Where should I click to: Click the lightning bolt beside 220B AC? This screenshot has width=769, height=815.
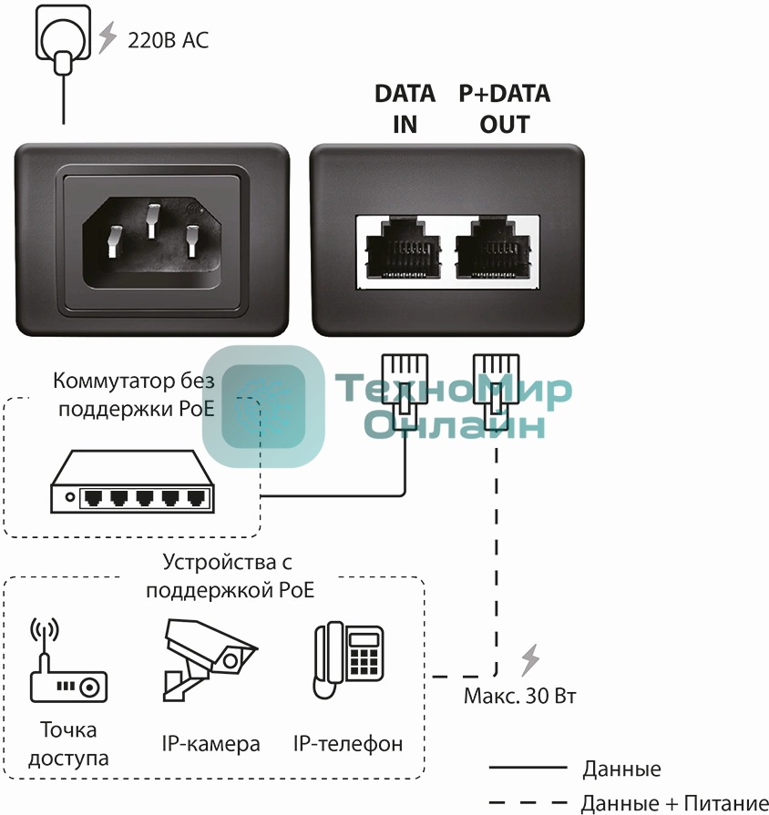click(x=108, y=37)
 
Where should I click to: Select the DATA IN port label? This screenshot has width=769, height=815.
click(x=405, y=108)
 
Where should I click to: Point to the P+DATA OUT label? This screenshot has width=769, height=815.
click(x=504, y=108)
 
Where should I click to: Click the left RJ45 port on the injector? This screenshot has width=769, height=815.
click(x=405, y=250)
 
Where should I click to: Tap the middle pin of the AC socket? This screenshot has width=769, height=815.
click(x=152, y=219)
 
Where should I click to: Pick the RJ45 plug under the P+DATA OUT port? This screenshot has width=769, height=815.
click(x=496, y=382)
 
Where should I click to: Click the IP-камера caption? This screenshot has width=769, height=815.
click(x=210, y=743)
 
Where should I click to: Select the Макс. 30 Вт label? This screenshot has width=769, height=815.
click(x=519, y=697)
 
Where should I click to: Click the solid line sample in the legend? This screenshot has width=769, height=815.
click(x=528, y=769)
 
